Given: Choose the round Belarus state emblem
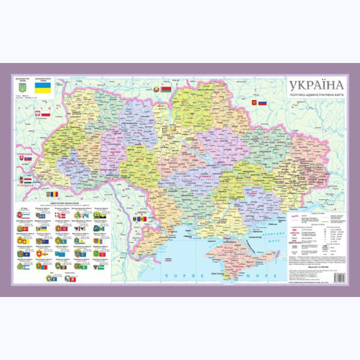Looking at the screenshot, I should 157,90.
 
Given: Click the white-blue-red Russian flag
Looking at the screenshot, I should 262,103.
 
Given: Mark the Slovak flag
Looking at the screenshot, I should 27,158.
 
